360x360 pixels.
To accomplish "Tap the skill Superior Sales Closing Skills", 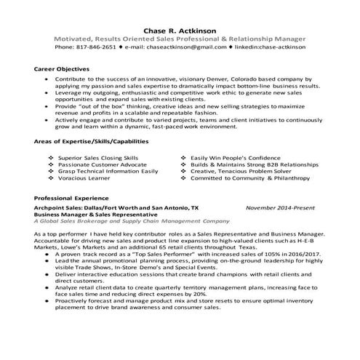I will [x=99, y=156].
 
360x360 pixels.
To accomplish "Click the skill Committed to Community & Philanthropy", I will [x=246, y=176].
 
